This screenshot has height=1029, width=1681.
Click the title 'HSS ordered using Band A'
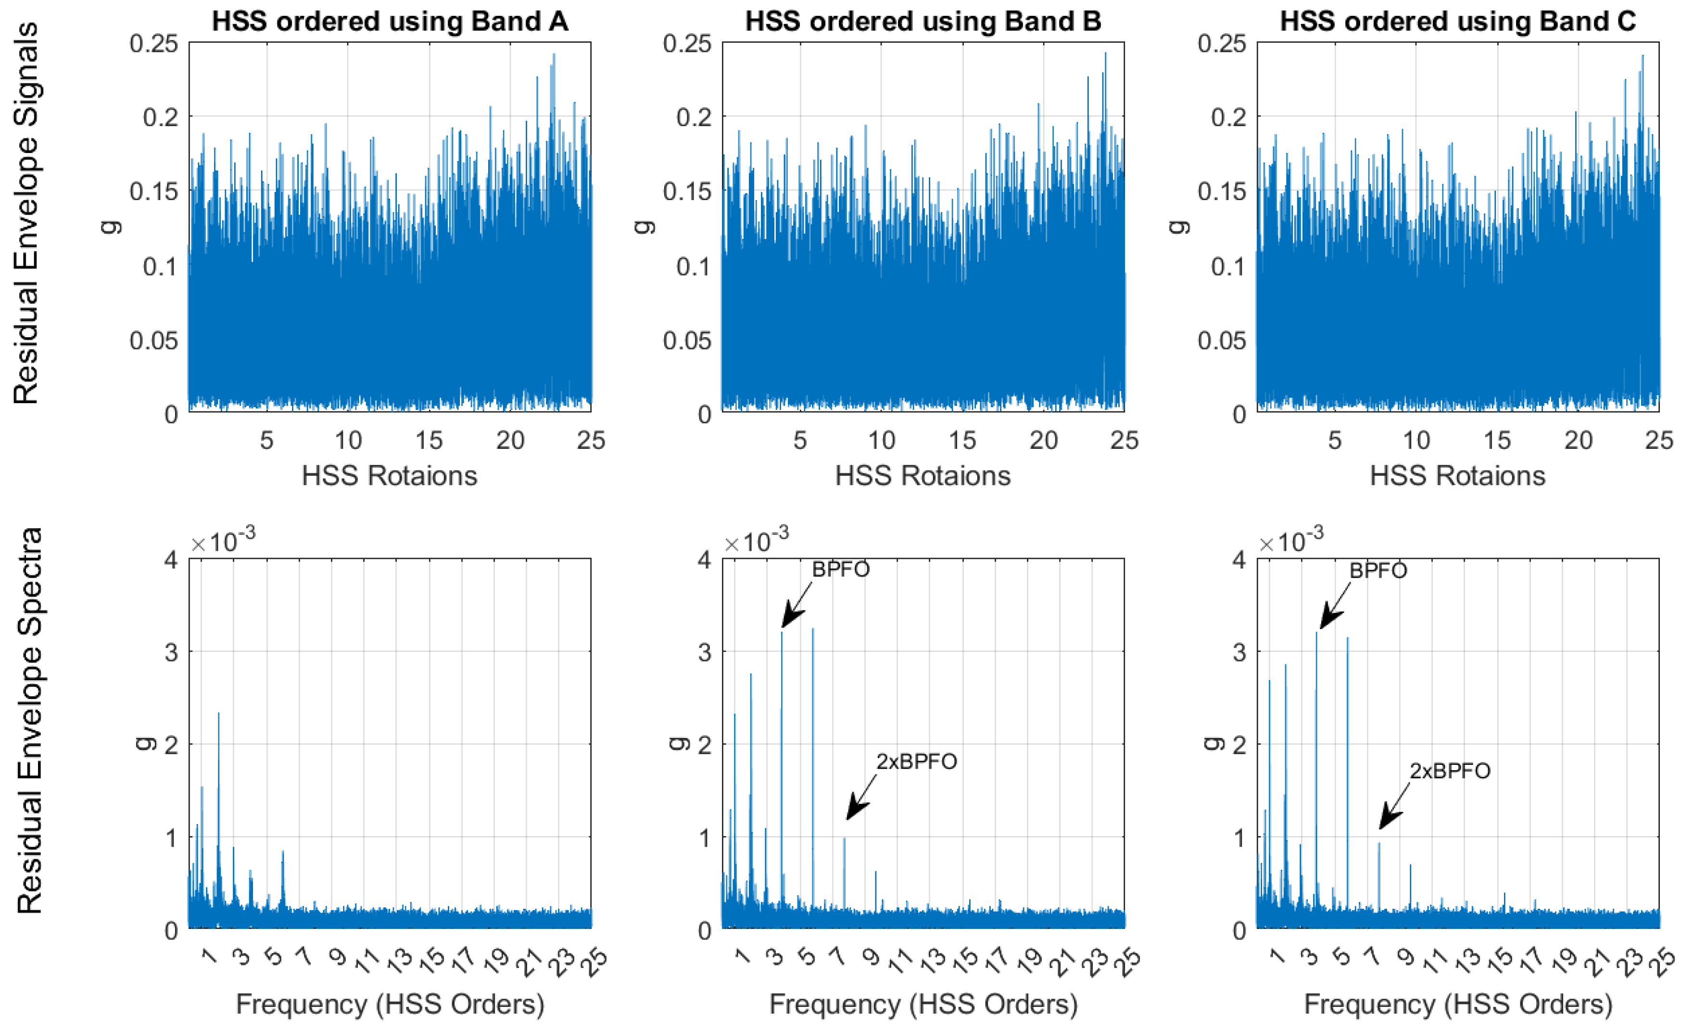(390, 21)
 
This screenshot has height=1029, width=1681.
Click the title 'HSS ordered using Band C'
(1458, 21)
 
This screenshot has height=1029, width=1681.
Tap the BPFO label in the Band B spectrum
(841, 569)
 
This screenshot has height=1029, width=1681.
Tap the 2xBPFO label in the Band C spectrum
(1450, 771)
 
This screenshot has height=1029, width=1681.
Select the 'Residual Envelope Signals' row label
(26, 214)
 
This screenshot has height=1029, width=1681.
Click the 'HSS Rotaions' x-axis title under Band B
(923, 476)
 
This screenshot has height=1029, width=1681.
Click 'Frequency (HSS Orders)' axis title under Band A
(390, 1004)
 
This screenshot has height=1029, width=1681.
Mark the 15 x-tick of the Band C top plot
(1497, 441)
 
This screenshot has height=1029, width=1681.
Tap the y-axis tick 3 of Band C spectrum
(1239, 652)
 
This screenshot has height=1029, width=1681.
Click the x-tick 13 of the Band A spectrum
(400, 959)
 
